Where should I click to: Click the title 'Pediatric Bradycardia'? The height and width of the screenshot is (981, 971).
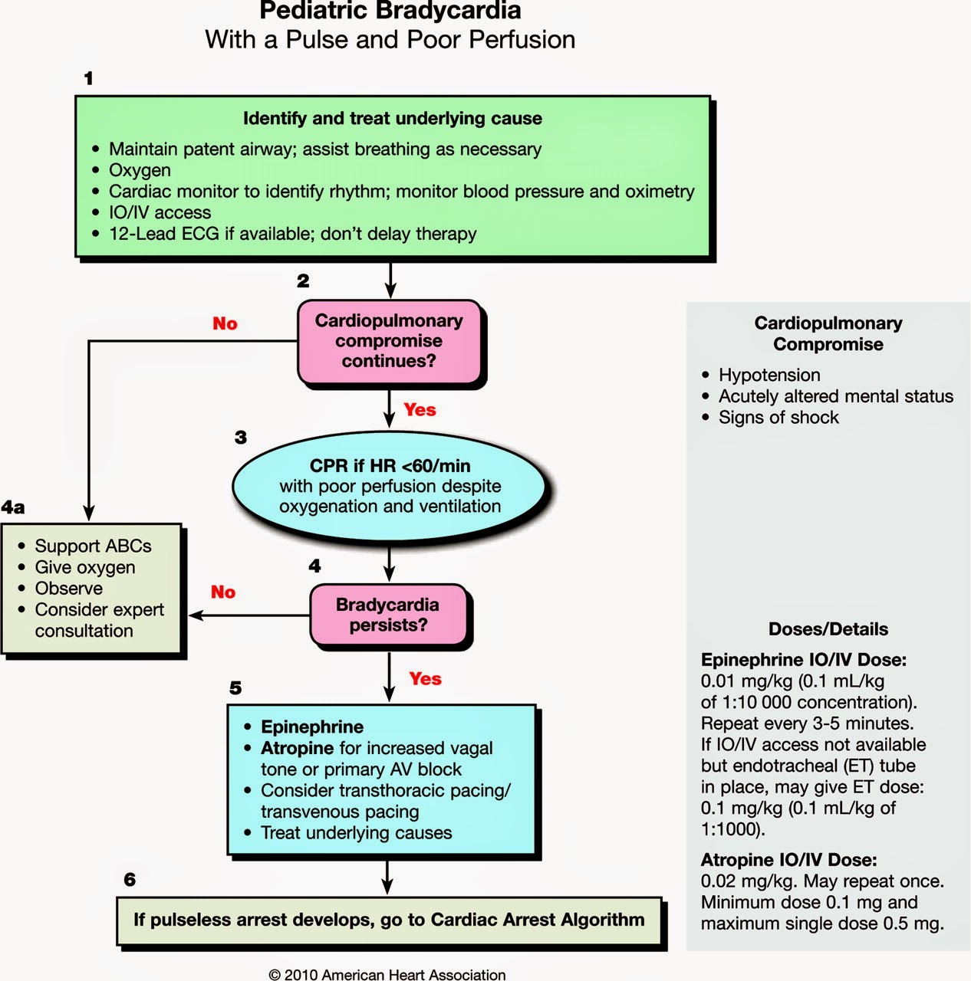point(390,11)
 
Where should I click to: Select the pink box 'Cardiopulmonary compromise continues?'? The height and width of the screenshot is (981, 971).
point(389,341)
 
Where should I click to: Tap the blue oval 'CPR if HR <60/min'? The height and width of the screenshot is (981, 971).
point(390,485)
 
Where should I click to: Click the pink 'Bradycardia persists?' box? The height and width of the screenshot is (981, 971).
point(387,615)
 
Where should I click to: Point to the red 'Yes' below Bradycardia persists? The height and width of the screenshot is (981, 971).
point(425,679)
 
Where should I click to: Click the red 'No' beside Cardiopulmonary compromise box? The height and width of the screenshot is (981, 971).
point(225,323)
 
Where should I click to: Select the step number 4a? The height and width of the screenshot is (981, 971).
point(13,507)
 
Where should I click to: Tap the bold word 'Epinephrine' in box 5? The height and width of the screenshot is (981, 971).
point(312,727)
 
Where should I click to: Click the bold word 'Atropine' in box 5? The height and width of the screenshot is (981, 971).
point(297,748)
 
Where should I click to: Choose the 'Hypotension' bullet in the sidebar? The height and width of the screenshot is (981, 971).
point(769,375)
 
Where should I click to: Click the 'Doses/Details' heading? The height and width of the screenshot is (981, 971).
point(828,629)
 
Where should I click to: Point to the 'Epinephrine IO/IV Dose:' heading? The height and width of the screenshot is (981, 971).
point(803,660)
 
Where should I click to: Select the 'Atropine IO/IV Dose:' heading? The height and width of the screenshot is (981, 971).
point(788,860)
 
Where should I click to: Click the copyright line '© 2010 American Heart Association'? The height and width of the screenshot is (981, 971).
point(387,974)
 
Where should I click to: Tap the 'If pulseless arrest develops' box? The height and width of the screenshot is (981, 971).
point(389,920)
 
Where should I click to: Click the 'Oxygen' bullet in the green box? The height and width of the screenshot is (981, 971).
point(140,170)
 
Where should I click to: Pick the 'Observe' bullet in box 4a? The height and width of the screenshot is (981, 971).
point(68,589)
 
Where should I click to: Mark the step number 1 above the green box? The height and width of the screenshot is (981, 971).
point(88,78)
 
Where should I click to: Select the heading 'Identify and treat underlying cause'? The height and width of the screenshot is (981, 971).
point(392,118)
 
